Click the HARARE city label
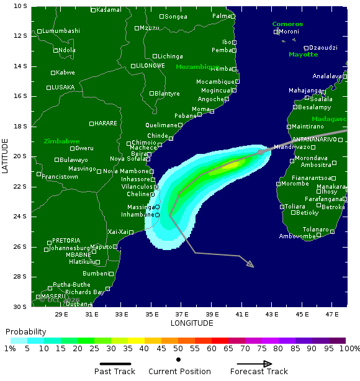(106, 123)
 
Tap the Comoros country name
(287, 24)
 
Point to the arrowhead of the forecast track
(250, 265)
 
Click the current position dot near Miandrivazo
(261, 152)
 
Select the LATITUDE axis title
(6, 156)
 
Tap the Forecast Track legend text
(259, 372)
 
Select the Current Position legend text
(179, 372)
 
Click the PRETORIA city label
(66, 241)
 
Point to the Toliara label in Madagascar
(295, 207)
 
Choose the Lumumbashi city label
(61, 31)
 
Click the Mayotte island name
(303, 55)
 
